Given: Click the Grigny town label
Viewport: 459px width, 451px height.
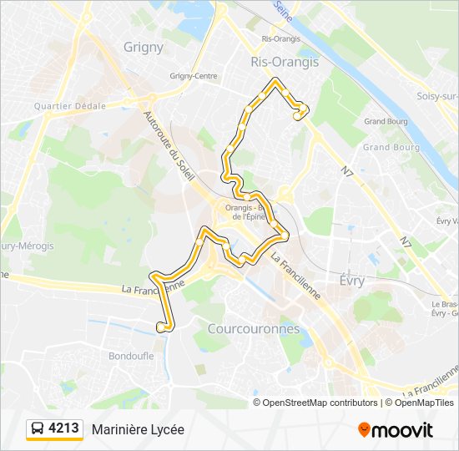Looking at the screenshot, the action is click(144, 48).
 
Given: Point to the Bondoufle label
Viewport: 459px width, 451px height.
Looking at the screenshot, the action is click(131, 356).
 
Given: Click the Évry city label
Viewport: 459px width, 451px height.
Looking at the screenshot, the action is click(352, 281).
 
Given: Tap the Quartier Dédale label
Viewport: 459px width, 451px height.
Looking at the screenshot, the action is click(70, 106).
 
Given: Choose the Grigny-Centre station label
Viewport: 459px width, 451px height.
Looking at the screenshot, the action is click(194, 76).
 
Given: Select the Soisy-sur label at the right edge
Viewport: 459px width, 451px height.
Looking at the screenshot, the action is click(437, 96).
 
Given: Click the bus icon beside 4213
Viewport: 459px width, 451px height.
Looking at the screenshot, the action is click(38, 429).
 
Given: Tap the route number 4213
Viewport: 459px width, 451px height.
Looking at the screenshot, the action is click(64, 429).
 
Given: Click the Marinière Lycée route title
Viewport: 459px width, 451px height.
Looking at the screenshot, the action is click(138, 429).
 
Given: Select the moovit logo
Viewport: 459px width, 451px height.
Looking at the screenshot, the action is click(396, 430).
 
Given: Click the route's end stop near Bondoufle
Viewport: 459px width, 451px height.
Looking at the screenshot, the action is click(160, 327).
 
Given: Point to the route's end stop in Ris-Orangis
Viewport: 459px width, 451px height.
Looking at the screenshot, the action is click(296, 118).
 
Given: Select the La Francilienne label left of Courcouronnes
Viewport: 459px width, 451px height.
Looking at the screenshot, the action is click(153, 286).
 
